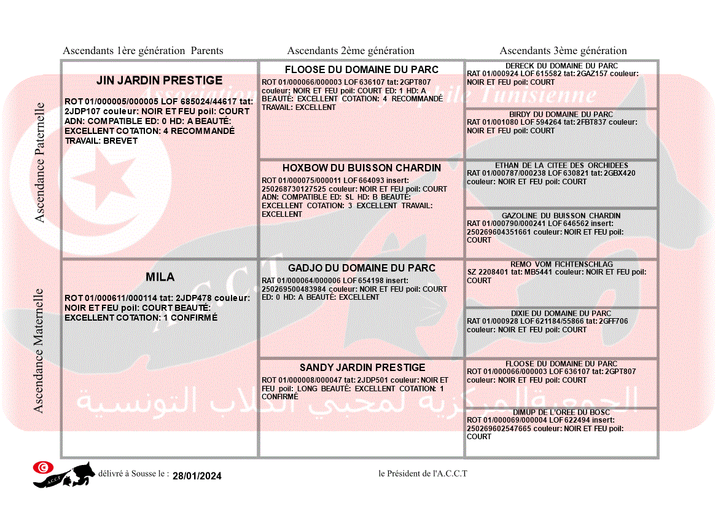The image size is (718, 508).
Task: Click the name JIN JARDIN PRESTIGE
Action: click(x=160, y=80)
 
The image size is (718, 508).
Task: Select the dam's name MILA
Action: click(x=160, y=277)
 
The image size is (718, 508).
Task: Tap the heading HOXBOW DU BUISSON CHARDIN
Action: click(x=362, y=168)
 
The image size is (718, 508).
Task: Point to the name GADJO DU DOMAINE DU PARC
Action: click(x=362, y=268)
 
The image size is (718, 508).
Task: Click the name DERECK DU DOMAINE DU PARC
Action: click(x=561, y=66)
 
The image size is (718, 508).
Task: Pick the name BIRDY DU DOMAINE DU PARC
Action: click(x=561, y=114)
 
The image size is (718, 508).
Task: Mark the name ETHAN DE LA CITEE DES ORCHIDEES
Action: click(x=561, y=165)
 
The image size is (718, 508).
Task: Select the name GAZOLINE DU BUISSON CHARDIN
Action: click(x=561, y=216)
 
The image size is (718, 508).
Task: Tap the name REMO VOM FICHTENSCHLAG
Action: click(x=561, y=264)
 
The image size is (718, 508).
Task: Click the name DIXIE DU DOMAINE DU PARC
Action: click(x=561, y=313)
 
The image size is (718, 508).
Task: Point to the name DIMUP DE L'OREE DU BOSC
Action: click(x=561, y=412)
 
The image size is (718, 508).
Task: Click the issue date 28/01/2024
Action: click(x=197, y=476)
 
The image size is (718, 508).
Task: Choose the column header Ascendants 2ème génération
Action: click(x=351, y=51)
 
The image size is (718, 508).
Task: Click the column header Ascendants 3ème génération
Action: click(x=563, y=51)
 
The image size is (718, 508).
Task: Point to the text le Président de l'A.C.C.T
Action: click(x=423, y=474)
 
